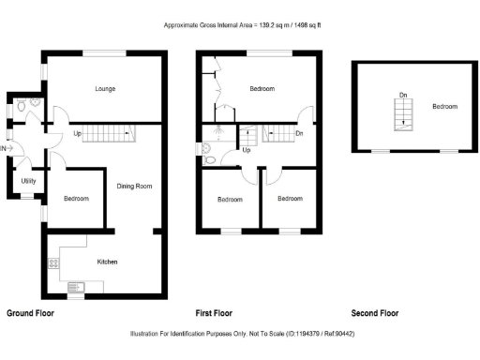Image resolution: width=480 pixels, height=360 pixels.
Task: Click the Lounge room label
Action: (x=104, y=90)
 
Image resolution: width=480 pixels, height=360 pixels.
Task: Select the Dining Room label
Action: (x=134, y=187)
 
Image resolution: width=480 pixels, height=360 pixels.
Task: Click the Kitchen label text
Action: (x=107, y=262)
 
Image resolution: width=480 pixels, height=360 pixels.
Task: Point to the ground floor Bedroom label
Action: (x=76, y=199)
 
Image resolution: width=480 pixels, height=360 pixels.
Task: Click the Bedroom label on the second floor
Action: (x=444, y=107)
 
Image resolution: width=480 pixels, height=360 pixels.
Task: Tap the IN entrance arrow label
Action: (x=4, y=148)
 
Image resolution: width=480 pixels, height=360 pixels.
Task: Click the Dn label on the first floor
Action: (x=298, y=134)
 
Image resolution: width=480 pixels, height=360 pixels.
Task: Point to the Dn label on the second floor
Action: (x=402, y=96)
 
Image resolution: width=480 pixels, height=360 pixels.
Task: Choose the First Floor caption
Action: (x=214, y=313)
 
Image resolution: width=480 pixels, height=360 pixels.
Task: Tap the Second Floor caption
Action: (x=374, y=313)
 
